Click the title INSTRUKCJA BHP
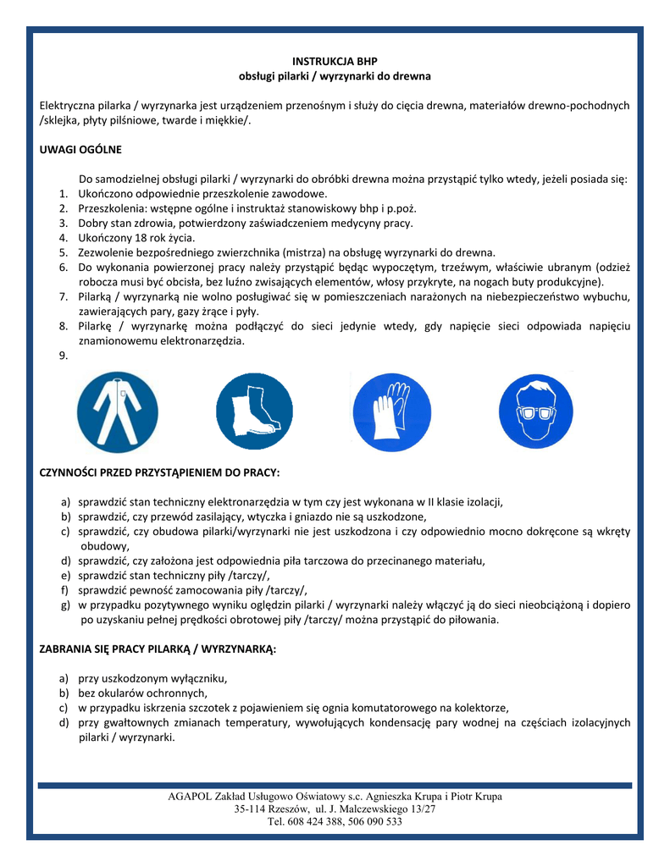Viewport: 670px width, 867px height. pos(335,62)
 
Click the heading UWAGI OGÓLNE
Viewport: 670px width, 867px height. pos(81,149)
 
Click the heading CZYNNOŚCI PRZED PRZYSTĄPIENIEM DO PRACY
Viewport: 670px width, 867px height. pos(159,472)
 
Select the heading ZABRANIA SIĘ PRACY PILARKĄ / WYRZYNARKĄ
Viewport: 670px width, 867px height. pos(158,649)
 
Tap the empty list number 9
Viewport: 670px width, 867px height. pos(64,356)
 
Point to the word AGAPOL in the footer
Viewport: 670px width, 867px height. pos(191,797)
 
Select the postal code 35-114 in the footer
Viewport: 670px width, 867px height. pos(252,809)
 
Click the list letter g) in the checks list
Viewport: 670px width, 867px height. pos(64,605)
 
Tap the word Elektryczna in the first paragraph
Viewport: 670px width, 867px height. pos(67,106)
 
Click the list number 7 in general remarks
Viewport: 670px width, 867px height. pos(64,296)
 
